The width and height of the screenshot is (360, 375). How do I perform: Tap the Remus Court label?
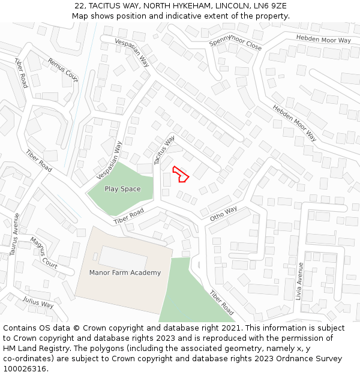(63, 70)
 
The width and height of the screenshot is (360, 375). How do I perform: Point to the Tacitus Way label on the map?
(164, 149)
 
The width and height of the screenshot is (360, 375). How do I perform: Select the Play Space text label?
(122, 189)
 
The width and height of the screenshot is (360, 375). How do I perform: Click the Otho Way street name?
(223, 214)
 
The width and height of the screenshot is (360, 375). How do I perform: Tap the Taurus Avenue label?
(14, 235)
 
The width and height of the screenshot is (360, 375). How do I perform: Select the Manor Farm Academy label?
(125, 272)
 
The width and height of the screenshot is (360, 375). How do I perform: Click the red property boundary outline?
(181, 173)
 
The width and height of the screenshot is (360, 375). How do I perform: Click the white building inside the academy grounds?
(123, 257)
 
